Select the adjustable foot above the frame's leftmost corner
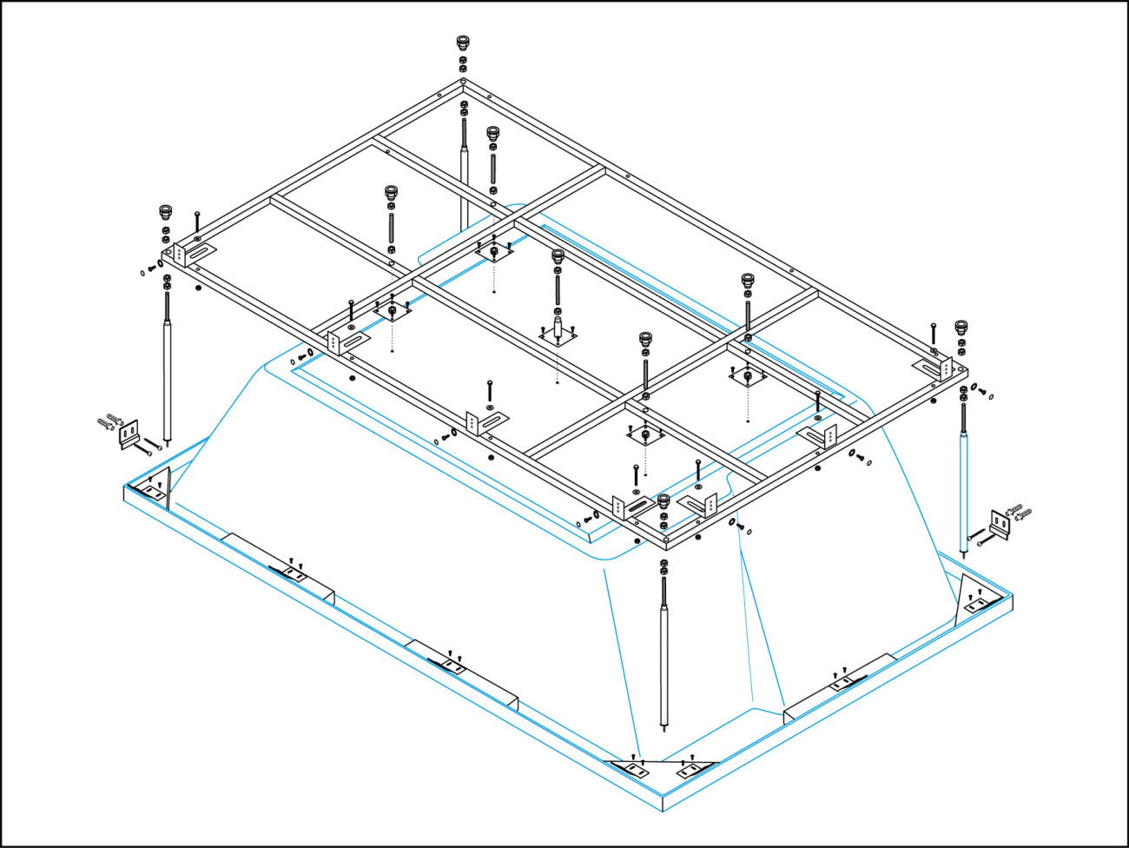pyautogui.click(x=165, y=211)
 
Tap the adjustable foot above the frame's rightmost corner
pyautogui.click(x=961, y=328)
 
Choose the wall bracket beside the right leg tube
pyautogui.click(x=1000, y=526)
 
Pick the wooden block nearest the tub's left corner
pyautogui.click(x=280, y=568)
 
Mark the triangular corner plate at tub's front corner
pyautogui.click(x=663, y=769)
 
